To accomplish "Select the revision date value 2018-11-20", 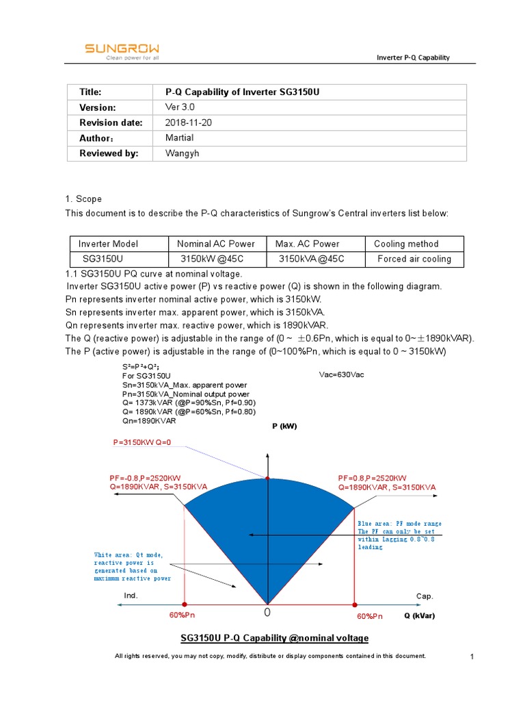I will click(189, 123).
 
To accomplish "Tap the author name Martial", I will click(180, 138).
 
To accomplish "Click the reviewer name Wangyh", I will click(183, 153).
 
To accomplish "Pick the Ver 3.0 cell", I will click(181, 107).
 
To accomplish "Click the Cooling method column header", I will click(406, 244).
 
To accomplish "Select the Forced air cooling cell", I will click(414, 259).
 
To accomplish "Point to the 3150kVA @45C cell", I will click(311, 259).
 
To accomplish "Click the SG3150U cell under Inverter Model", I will click(103, 259).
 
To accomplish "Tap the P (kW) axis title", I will click(284, 426).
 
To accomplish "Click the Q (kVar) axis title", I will click(419, 615).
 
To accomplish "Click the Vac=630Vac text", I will click(341, 375).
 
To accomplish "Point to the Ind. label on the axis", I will click(131, 596).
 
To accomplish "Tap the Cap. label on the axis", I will click(425, 596).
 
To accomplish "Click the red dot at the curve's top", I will click(268, 479).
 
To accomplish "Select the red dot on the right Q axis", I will click(354, 605).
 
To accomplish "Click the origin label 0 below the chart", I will click(268, 612).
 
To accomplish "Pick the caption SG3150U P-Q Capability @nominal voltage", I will click(274, 638).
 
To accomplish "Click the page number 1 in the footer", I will click(472, 657).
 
